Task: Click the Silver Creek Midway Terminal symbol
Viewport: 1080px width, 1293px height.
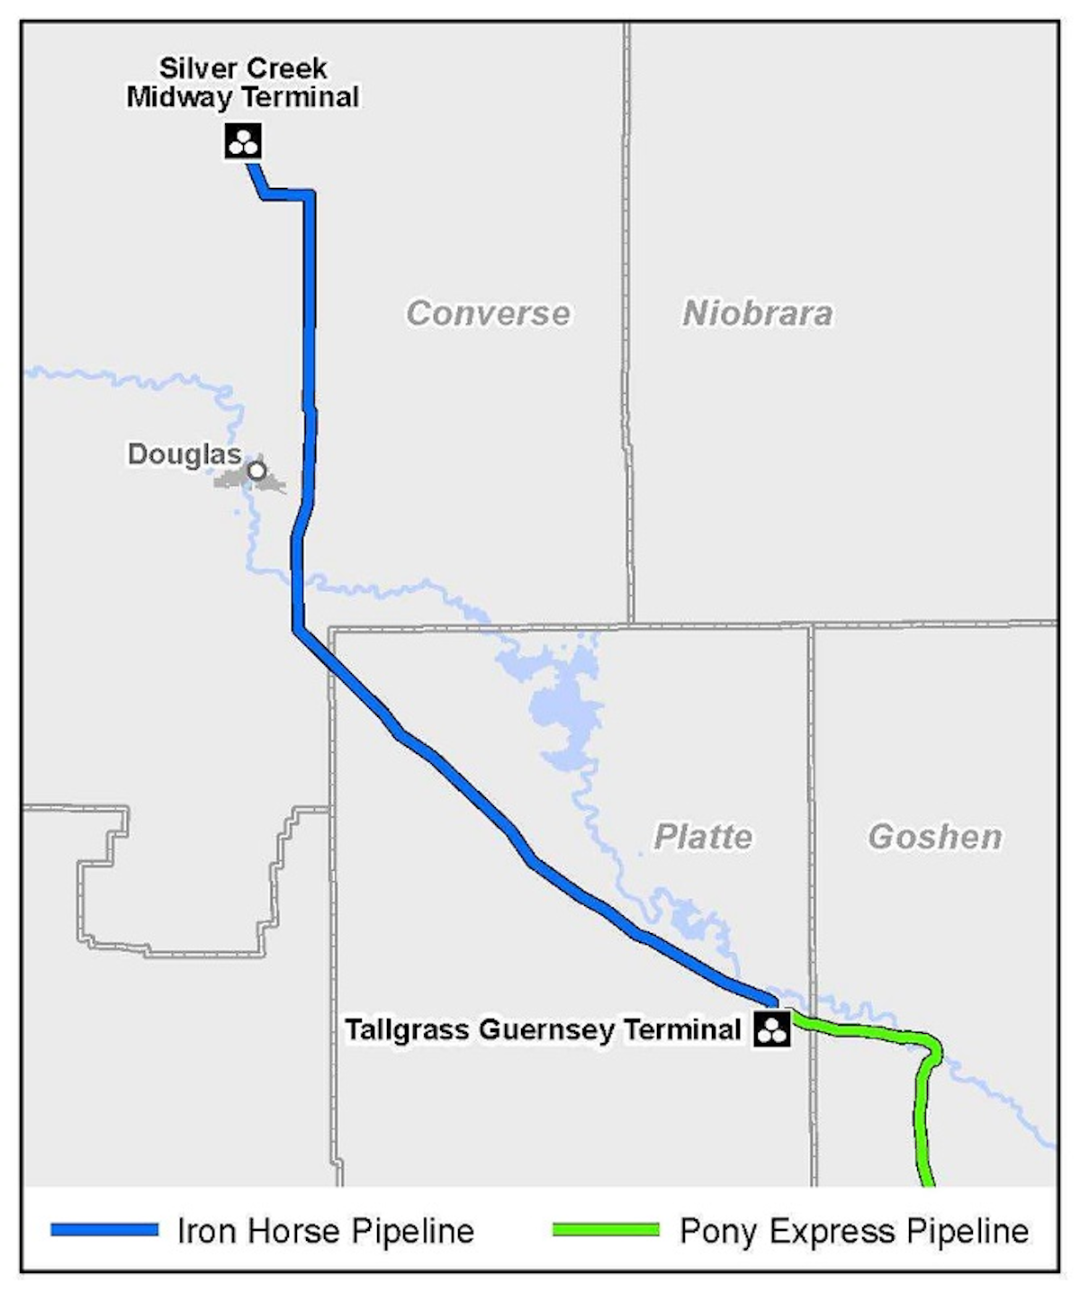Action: [243, 141]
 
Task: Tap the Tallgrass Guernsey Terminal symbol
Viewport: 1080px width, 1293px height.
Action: [771, 1028]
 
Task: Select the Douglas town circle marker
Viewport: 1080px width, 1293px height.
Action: [257, 470]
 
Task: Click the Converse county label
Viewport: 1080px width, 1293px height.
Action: [488, 313]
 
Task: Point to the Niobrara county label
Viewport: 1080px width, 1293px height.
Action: [757, 313]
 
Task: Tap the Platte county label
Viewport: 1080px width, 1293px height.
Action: [703, 837]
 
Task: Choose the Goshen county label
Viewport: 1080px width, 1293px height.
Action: [935, 837]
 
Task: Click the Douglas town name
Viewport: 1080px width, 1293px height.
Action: [184, 454]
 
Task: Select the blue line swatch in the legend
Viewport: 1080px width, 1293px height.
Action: [104, 1229]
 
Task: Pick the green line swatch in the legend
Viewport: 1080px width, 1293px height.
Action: [606, 1229]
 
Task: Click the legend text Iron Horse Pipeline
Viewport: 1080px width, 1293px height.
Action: [326, 1231]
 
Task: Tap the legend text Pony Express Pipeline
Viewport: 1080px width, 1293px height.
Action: [854, 1231]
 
